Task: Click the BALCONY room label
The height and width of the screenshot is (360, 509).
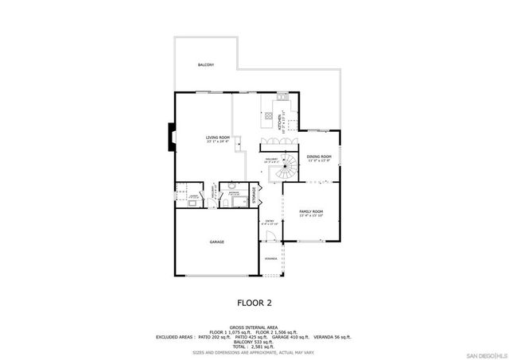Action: [205, 64]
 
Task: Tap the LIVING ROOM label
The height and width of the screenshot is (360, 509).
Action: [218, 138]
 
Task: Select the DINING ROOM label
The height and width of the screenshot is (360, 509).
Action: [318, 157]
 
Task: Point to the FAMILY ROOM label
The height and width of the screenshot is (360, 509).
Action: [311, 211]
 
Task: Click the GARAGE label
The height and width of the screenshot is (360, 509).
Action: [216, 242]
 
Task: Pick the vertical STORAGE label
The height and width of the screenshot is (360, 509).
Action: [254, 195]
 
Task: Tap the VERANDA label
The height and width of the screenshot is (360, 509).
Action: [271, 259]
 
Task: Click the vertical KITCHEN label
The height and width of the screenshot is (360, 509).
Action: [280, 121]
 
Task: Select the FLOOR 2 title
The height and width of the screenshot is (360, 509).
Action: [255, 303]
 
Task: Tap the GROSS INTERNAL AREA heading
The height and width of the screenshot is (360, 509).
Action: [254, 327]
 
